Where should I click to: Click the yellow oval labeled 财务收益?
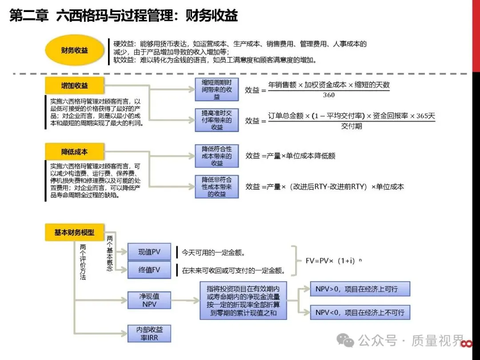click(x=75, y=50)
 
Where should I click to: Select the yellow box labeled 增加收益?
click(x=74, y=85)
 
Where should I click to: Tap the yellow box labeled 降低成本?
click(x=74, y=152)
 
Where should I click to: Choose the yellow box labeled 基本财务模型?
click(x=74, y=232)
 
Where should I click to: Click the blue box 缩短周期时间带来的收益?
click(x=216, y=89)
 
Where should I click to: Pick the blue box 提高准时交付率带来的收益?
click(x=216, y=120)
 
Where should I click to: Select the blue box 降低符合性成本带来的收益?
click(x=216, y=156)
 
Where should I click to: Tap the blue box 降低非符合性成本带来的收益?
click(x=216, y=187)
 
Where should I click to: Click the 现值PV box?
click(x=149, y=252)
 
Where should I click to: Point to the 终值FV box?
click(x=149, y=270)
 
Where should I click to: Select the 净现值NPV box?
click(x=149, y=300)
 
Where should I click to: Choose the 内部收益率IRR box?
click(x=149, y=333)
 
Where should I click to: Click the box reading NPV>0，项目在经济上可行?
click(x=360, y=289)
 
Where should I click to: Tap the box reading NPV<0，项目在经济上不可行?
click(x=360, y=312)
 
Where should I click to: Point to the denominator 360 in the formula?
click(x=329, y=95)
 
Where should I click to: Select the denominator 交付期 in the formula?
click(x=352, y=126)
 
